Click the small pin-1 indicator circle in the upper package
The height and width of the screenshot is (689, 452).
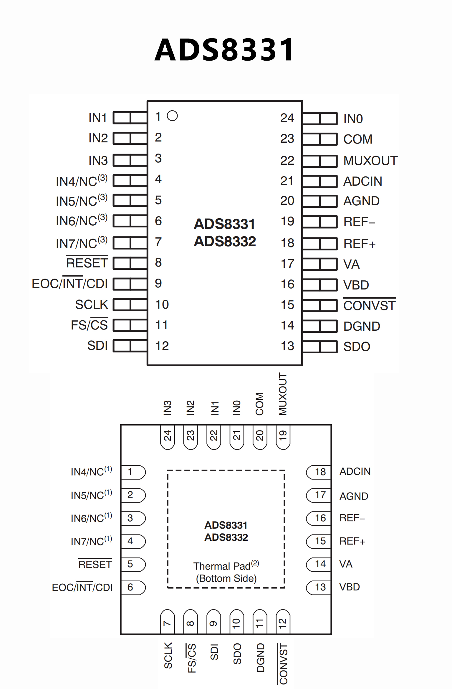pos(172,116)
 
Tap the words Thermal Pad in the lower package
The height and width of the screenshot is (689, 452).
pos(222,566)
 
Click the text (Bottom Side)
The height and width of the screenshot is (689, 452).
pos(226,578)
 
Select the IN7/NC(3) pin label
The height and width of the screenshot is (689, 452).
pos(82,243)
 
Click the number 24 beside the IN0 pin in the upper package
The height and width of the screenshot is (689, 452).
pos(287,118)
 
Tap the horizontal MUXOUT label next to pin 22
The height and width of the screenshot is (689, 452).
pos(370,161)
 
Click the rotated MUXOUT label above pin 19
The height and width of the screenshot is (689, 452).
pos(283,394)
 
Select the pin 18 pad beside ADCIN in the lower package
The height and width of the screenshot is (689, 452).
pos(319,472)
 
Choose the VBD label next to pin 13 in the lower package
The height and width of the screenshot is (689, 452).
pos(350,587)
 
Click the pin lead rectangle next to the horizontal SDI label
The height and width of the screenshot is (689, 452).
pos(130,346)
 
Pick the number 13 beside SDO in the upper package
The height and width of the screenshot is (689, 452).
pos(287,346)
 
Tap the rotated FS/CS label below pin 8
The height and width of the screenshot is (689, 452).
pos(192,658)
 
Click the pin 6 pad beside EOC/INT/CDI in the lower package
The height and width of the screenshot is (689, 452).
pos(133,587)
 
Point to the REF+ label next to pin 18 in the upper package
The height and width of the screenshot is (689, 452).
pos(360,244)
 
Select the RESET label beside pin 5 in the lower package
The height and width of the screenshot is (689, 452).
pos(95,564)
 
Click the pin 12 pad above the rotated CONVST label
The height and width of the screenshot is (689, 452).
pos(283,622)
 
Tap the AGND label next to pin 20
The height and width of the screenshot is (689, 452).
pos(361,201)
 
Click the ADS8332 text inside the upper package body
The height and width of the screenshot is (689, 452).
pos(225,241)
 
